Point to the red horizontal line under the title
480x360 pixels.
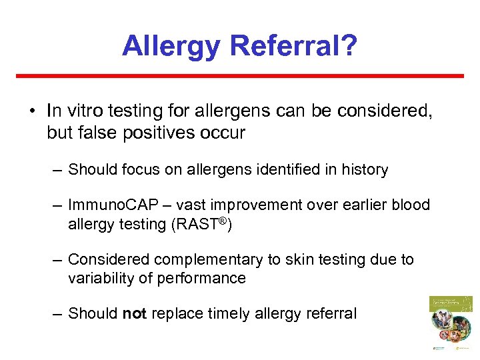[239, 76]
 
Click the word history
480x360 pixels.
[364, 170]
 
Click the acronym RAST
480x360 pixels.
[199, 225]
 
